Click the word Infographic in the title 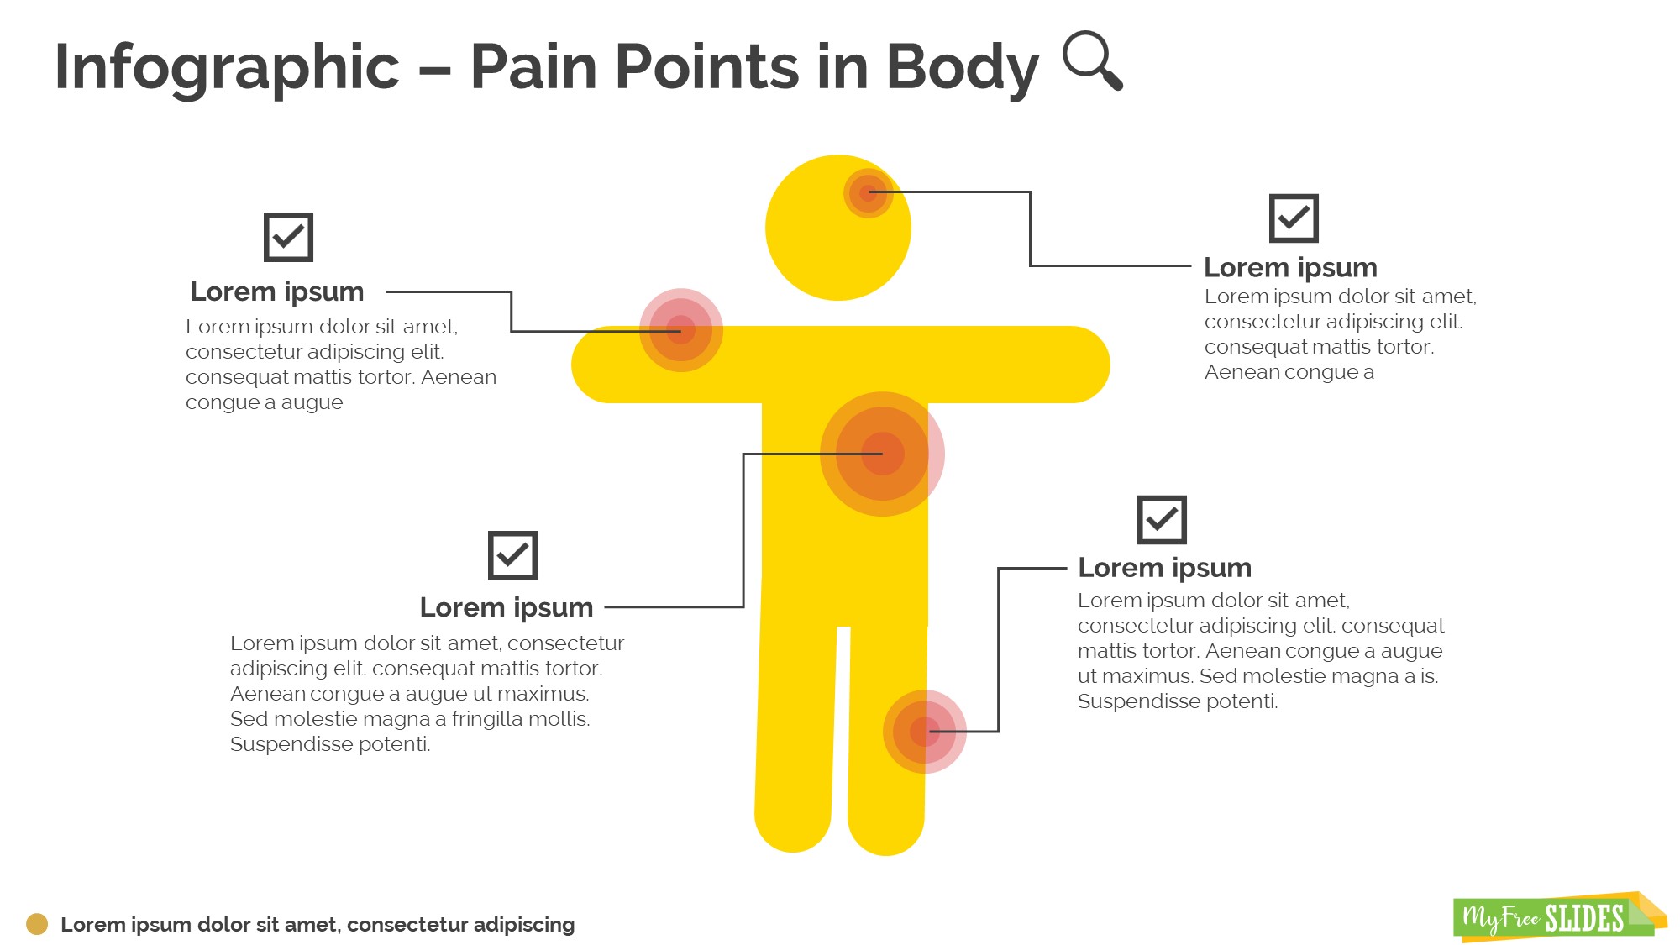(x=227, y=67)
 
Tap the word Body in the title (x=962, y=67)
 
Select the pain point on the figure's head (x=868, y=193)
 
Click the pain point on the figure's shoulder (x=681, y=330)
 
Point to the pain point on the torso (x=882, y=454)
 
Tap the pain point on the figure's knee (x=924, y=732)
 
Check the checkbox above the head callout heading (x=1294, y=218)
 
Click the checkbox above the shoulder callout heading (x=288, y=237)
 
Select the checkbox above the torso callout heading (x=512, y=555)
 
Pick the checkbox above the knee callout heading (x=1162, y=520)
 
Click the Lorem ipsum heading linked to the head (x=1290, y=267)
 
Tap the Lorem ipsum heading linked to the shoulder (x=277, y=291)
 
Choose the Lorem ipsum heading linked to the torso (x=507, y=607)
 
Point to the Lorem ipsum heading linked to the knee (x=1164, y=568)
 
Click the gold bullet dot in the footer (x=37, y=924)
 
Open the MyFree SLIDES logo (x=1554, y=917)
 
